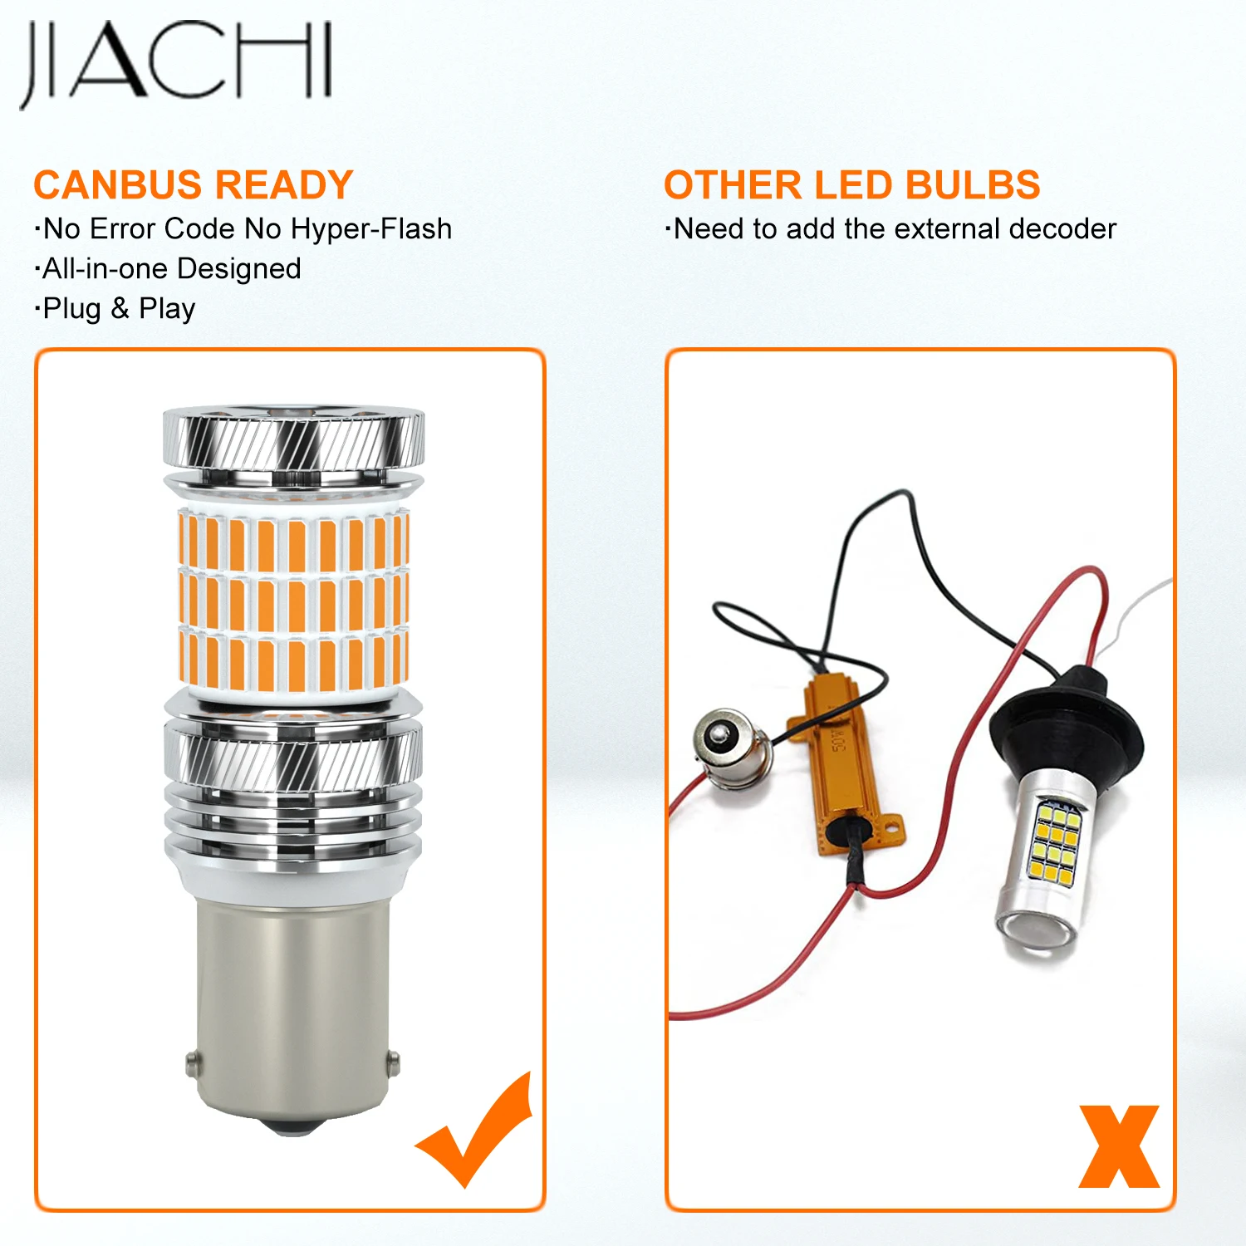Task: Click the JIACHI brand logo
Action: pos(176,62)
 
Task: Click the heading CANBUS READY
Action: pos(193,185)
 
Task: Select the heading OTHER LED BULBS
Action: pos(851,185)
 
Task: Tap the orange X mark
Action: pos(1118,1146)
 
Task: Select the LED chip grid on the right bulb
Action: pos(1055,839)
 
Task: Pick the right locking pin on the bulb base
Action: pos(393,1061)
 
